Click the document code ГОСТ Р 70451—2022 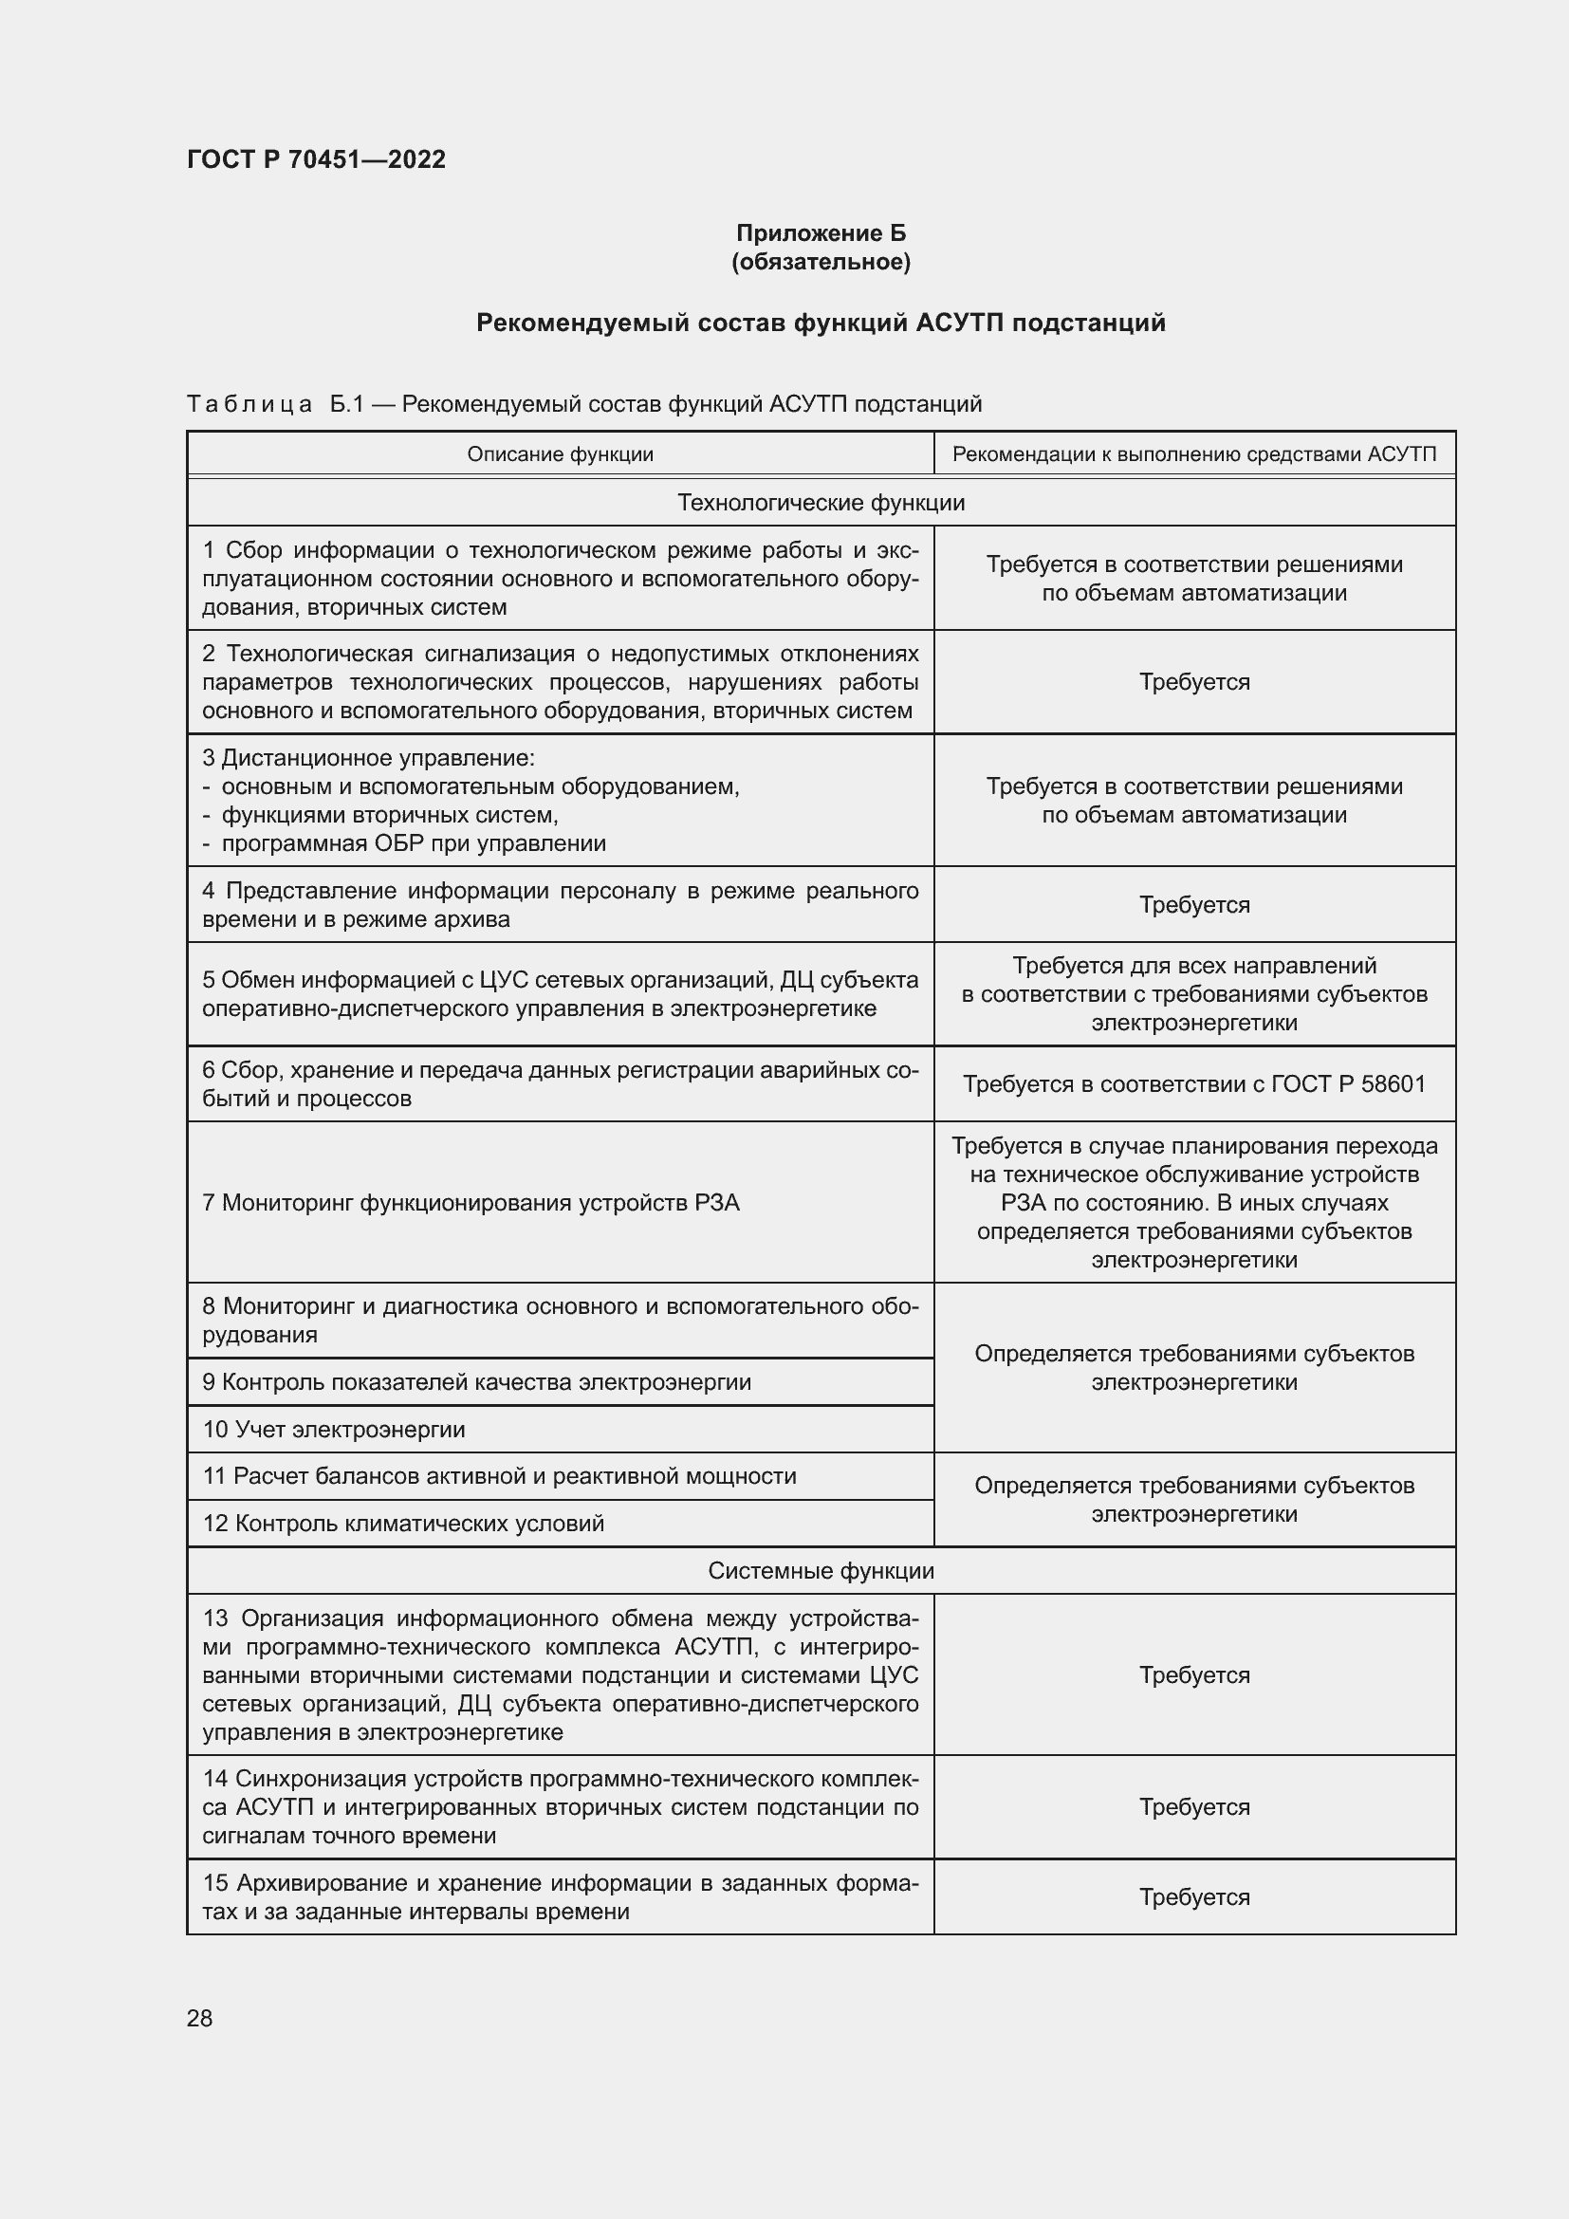pyautogui.click(x=316, y=159)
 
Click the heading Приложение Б pyautogui.click(x=821, y=233)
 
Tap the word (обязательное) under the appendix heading pyautogui.click(x=821, y=262)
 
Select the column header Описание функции pyautogui.click(x=560, y=454)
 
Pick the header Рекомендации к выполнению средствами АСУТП pyautogui.click(x=1193, y=454)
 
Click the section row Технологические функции pyautogui.click(x=821, y=503)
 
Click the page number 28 pyautogui.click(x=199, y=2018)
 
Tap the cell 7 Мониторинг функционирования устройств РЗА pyautogui.click(x=471, y=1202)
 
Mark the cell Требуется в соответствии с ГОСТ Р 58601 pyautogui.click(x=1193, y=1083)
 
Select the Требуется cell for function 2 pyautogui.click(x=1193, y=682)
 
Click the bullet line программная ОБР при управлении pyautogui.click(x=414, y=843)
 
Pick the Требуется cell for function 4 pyautogui.click(x=1193, y=905)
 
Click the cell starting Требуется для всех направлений pyautogui.click(x=1193, y=993)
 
